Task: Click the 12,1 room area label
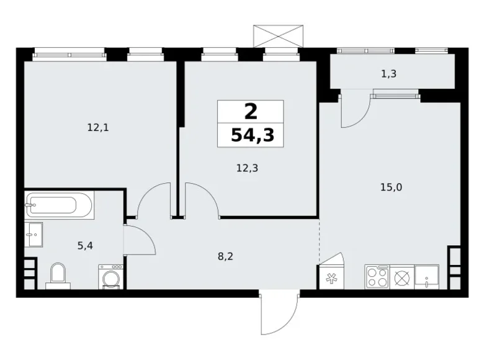99,128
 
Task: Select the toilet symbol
58,275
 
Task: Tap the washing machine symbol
110,277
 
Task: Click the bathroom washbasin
35,235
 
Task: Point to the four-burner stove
377,276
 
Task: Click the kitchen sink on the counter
427,276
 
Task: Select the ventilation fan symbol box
329,278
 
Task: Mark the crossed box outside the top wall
279,35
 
